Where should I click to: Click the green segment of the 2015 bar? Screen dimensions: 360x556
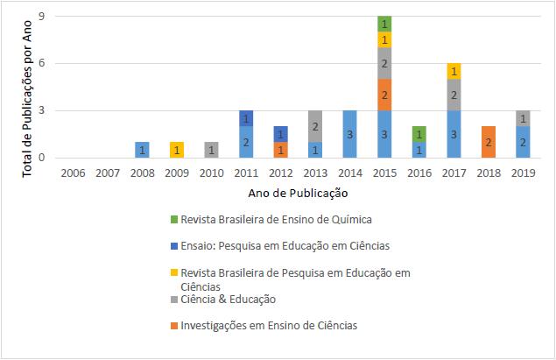click(x=384, y=24)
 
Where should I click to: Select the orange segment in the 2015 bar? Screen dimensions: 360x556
click(x=384, y=95)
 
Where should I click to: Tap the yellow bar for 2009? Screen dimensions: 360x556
click(x=176, y=150)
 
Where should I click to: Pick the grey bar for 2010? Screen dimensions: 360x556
click(x=211, y=150)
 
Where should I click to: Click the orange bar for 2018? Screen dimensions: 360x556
click(x=489, y=142)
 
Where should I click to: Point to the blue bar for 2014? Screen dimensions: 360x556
click(x=349, y=134)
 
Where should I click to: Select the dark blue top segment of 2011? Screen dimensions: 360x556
click(x=246, y=118)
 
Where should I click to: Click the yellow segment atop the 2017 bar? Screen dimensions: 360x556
click(x=454, y=71)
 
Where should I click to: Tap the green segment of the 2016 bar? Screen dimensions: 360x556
click(x=419, y=134)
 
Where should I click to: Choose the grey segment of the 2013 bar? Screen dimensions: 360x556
click(x=315, y=126)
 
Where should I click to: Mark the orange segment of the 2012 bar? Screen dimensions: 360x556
click(x=280, y=150)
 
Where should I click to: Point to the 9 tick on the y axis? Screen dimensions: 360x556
click(x=42, y=16)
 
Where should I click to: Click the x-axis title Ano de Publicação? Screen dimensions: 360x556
click(x=298, y=192)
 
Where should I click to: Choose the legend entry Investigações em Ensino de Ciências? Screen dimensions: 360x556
click(x=268, y=326)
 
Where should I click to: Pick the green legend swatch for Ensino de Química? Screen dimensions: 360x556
click(x=173, y=217)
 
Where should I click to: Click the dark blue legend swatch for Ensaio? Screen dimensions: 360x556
click(x=173, y=244)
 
